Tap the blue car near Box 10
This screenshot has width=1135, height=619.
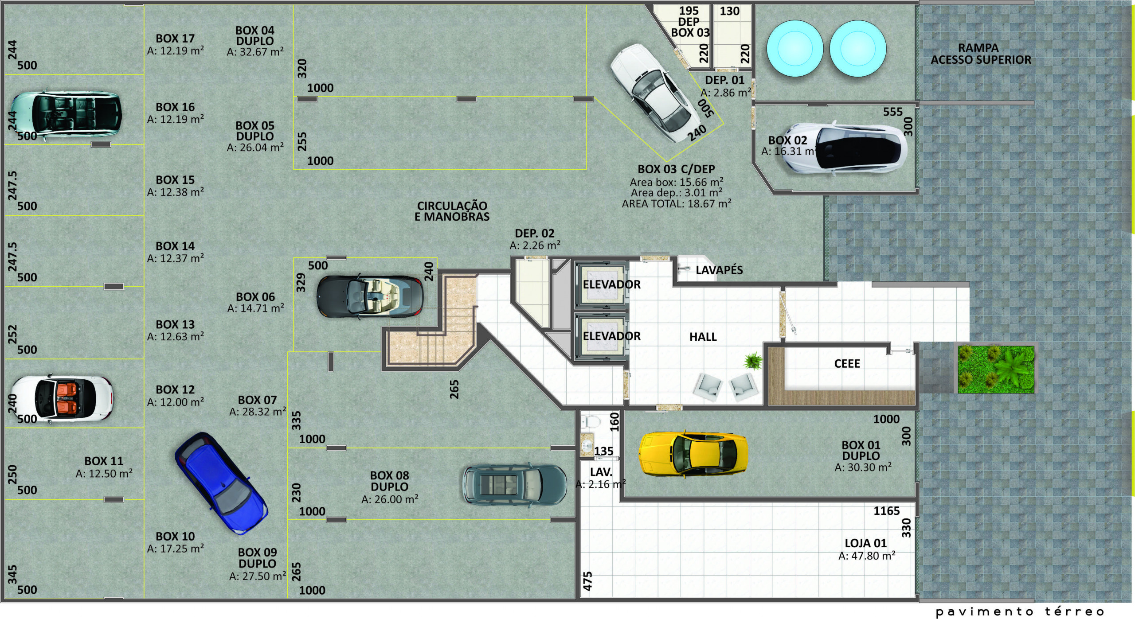(221, 483)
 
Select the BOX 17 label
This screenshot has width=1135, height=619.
(175, 39)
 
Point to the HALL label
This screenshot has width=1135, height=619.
(703, 337)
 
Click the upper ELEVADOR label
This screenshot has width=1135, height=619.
(611, 284)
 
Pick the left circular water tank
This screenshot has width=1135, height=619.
(795, 49)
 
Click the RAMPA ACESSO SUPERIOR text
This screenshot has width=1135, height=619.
(981, 54)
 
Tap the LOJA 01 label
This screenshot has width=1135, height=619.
(865, 543)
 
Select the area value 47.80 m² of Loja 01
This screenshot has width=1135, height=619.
(867, 556)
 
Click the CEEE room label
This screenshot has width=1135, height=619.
(847, 364)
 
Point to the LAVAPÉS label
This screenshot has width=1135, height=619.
(719, 270)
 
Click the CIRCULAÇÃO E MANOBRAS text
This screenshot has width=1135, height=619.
(452, 211)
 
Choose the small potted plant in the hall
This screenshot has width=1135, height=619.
(752, 361)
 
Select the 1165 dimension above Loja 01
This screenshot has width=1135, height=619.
(886, 511)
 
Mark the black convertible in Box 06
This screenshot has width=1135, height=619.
(370, 296)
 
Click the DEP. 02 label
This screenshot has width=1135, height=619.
(534, 234)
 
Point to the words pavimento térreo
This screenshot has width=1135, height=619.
(1020, 612)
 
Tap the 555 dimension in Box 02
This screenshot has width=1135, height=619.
(892, 112)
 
